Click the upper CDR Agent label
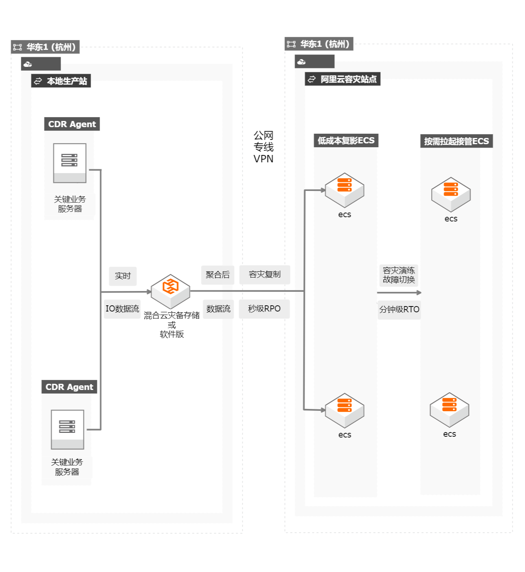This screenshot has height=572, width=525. pyautogui.click(x=72, y=124)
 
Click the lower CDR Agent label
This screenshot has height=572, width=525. pyautogui.click(x=69, y=387)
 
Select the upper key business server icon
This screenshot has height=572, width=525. pyautogui.click(x=70, y=163)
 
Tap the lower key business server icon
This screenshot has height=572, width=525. pyautogui.click(x=68, y=429)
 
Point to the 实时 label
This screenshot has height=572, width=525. pyautogui.click(x=123, y=276)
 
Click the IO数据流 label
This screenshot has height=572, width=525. pyautogui.click(x=122, y=309)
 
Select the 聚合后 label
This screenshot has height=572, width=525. pyautogui.click(x=218, y=275)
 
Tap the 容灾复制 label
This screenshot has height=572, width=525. pyautogui.click(x=264, y=274)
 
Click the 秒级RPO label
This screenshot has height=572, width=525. pyautogui.click(x=264, y=309)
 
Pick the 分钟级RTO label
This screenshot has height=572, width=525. pyautogui.click(x=399, y=310)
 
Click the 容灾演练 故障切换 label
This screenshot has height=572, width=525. pyautogui.click(x=399, y=275)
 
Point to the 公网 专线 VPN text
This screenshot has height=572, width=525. pyautogui.click(x=263, y=147)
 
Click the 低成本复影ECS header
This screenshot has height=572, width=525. pyautogui.click(x=346, y=141)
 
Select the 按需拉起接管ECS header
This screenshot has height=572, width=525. pyautogui.click(x=456, y=141)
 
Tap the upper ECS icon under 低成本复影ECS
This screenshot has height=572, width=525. pyautogui.click(x=344, y=190)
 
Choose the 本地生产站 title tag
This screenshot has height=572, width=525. pyautogui.click(x=61, y=81)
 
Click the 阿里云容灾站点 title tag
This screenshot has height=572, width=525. pyautogui.click(x=343, y=79)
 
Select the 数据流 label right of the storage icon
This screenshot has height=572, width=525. pyautogui.click(x=218, y=309)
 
